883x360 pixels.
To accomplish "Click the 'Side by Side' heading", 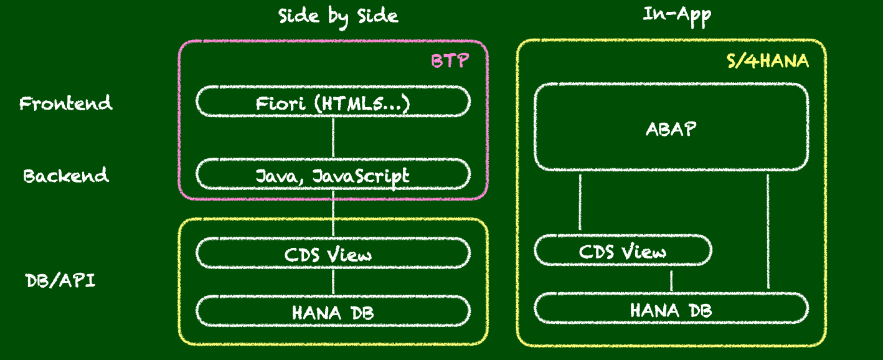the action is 338,17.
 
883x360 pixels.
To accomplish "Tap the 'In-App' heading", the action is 677,16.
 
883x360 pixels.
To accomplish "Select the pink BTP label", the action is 450,60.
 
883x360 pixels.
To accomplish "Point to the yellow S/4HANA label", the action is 768,60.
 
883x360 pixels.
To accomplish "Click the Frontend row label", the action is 66,103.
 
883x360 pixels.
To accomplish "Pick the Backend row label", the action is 66,176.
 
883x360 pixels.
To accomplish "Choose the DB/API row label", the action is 60,281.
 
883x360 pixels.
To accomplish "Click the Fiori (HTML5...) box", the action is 333,102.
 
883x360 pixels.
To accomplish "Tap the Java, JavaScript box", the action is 333,174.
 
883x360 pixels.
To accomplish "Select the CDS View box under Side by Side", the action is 333,253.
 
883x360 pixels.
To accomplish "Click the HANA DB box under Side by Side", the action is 333,311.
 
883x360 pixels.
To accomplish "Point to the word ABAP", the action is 671,129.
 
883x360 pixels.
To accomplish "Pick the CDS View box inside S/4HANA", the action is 623,250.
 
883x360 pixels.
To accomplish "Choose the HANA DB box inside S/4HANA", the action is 671,308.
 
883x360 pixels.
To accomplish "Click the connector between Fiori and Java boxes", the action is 333,138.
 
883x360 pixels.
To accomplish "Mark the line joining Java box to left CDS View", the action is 333,214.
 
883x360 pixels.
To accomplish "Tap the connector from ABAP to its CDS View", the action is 580,202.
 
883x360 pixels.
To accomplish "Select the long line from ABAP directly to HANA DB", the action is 768,232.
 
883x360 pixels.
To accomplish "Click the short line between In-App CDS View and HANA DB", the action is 671,281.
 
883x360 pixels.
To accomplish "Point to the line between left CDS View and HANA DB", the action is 333,282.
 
